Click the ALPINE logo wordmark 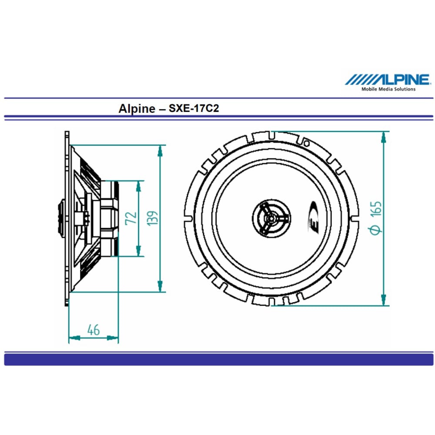[388, 79]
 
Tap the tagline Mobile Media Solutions [388, 89]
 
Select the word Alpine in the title [136, 108]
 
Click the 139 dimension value [152, 217]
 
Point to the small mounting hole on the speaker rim [306, 143]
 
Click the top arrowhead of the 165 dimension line [383, 137]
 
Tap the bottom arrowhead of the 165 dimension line [383, 299]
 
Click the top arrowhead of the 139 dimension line [160, 151]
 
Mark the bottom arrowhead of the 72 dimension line [138, 251]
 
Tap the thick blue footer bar [217, 359]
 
